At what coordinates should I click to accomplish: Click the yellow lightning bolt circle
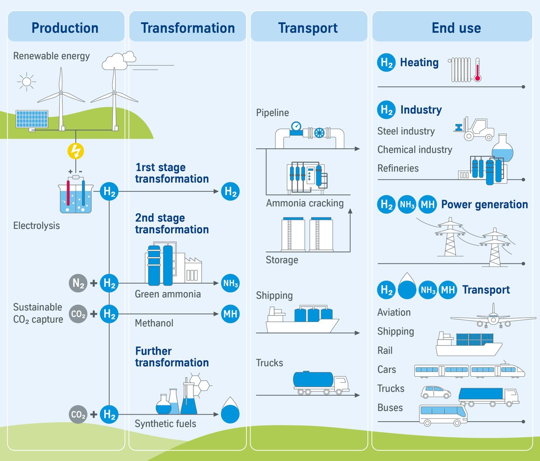coord(76,151)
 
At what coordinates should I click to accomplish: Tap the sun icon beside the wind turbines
coord(27,81)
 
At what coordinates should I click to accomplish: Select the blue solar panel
coord(32,119)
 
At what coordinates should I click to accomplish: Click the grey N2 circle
coord(78,283)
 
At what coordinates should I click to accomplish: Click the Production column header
coord(65,28)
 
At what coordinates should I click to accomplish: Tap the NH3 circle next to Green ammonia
coord(230,283)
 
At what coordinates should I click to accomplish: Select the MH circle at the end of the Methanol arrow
coord(230,314)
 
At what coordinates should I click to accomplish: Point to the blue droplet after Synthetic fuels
coord(230,411)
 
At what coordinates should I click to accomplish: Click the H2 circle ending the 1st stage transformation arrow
coord(230,191)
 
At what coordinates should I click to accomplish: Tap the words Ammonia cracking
coord(305,203)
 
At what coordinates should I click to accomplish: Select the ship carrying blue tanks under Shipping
coord(302,321)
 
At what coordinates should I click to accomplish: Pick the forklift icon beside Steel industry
coord(475,129)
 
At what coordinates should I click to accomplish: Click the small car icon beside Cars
coord(435,392)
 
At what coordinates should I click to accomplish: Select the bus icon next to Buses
coord(443,415)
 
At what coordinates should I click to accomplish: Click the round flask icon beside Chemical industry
coord(502,148)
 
